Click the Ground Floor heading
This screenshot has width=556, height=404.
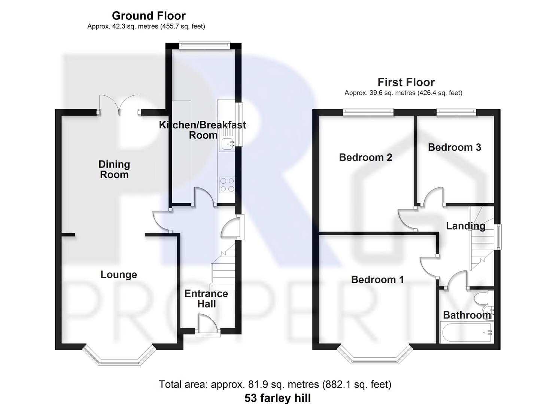(x=149, y=16)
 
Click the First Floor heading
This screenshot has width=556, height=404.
(x=406, y=82)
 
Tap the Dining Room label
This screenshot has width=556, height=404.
(x=114, y=169)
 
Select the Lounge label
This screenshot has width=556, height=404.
(x=119, y=275)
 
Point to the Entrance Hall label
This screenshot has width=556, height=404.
(x=206, y=299)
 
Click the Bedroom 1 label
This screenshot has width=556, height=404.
(x=377, y=279)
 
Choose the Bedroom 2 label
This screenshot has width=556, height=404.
(x=365, y=157)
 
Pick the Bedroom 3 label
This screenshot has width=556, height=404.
(x=454, y=147)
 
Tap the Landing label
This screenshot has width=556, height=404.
(x=465, y=226)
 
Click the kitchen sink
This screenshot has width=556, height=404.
(x=227, y=144)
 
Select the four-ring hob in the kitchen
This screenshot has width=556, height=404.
(x=227, y=184)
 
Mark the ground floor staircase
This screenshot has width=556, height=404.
(x=223, y=269)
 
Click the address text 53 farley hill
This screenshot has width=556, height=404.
(x=277, y=398)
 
